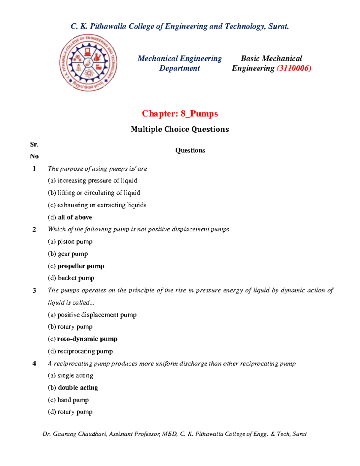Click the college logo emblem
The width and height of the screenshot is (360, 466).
(88, 63)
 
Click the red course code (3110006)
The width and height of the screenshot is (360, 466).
(294, 68)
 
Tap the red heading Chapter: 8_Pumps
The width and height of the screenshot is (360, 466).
(180, 114)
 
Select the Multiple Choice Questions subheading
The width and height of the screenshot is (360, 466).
(180, 129)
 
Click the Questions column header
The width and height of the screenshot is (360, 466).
(190, 150)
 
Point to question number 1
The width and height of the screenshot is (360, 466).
(34, 169)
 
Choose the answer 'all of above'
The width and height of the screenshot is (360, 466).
(75, 217)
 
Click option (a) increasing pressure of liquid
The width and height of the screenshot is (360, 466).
(92, 181)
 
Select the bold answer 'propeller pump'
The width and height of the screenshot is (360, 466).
(81, 266)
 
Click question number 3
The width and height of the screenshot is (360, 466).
(34, 290)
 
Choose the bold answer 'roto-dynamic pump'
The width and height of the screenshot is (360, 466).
(87, 339)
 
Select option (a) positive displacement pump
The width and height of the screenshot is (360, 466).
(92, 315)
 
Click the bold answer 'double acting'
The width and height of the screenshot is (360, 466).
(78, 388)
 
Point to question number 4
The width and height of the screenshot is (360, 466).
(34, 364)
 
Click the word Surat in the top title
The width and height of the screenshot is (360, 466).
(278, 26)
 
